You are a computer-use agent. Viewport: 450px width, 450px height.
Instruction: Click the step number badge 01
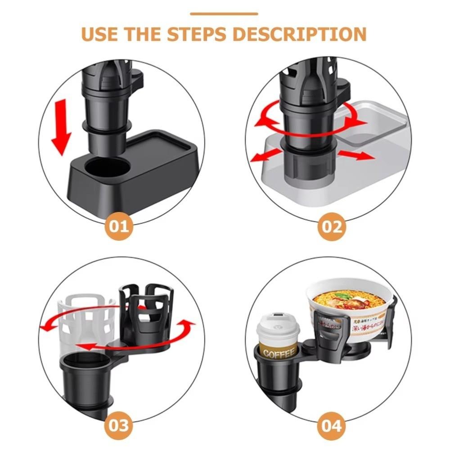coord(119,225)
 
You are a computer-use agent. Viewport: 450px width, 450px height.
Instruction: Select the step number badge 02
coord(332,226)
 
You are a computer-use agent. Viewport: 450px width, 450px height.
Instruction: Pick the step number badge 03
coord(119,424)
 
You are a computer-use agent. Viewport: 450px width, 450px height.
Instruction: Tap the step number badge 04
coord(332,425)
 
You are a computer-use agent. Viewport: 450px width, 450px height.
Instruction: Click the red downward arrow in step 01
coord(61,129)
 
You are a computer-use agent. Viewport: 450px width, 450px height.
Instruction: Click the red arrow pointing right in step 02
coord(356,155)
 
